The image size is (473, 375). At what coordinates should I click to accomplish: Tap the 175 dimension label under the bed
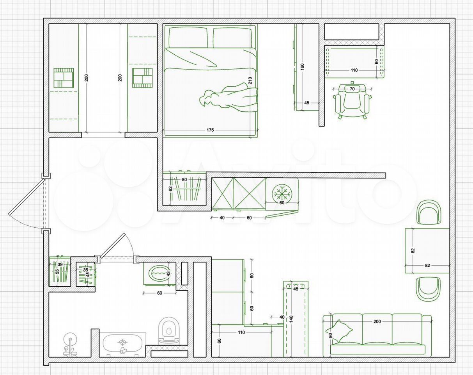point(210,130)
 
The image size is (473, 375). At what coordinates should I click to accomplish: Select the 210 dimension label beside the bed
point(250,80)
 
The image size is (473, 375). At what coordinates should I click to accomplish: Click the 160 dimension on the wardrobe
point(302,67)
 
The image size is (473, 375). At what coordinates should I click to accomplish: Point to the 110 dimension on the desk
point(354,70)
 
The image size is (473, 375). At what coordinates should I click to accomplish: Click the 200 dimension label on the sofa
point(377,321)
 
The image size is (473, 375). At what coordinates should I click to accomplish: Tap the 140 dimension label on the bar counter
point(291,318)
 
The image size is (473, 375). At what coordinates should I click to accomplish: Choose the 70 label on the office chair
point(352,89)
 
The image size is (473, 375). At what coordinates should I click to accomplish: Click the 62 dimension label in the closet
point(170,189)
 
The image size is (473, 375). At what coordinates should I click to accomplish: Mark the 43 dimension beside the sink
point(168,273)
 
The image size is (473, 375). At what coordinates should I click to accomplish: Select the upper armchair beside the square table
point(429,212)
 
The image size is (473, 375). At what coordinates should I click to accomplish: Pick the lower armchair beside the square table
point(428,289)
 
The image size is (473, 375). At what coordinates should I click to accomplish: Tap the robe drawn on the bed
point(229,95)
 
